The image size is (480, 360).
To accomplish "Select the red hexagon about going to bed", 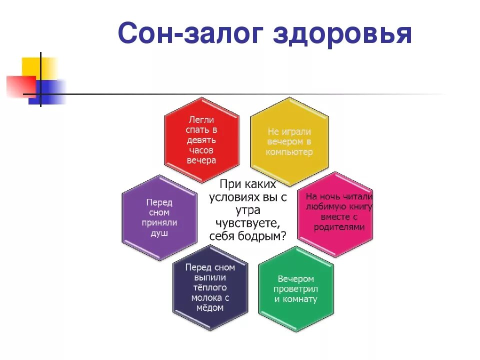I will (x=201, y=140).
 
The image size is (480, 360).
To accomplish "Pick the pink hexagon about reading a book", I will (x=338, y=212).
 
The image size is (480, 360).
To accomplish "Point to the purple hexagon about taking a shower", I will (x=159, y=217).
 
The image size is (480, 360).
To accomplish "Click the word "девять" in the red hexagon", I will (x=201, y=140).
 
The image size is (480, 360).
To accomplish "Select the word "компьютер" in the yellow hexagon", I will (x=289, y=152).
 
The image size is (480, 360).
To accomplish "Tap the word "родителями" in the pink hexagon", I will (x=339, y=227).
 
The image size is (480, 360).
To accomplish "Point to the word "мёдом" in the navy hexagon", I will (x=210, y=308).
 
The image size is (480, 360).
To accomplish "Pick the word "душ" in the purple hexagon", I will (x=159, y=233).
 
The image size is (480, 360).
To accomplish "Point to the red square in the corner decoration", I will (x=20, y=85).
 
